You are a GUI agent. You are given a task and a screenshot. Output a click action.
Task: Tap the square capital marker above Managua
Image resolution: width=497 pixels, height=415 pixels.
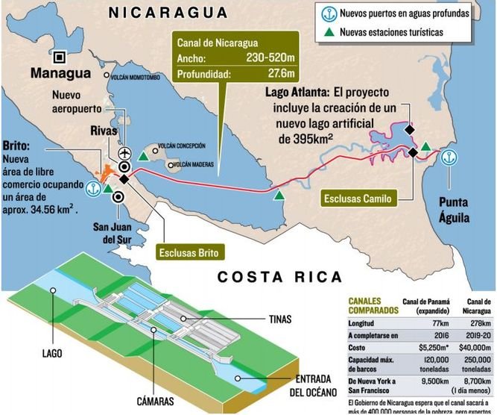pos(59,55)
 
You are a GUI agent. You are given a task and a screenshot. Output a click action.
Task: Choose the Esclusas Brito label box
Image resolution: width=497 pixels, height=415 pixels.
pos(189,252)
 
